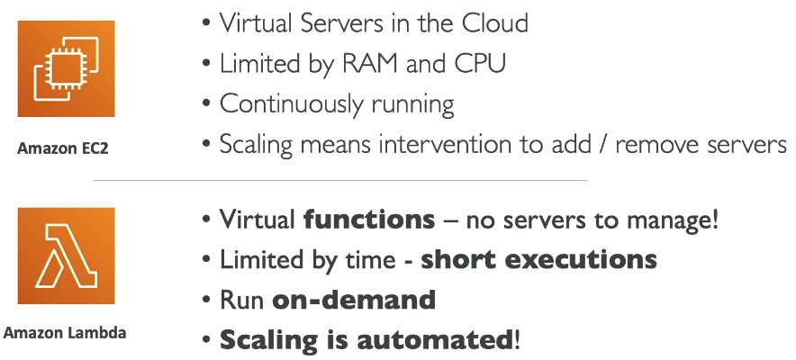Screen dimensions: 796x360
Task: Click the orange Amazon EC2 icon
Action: (x=66, y=68)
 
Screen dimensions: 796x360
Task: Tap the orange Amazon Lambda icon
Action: (x=66, y=256)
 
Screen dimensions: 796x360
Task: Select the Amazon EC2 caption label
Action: (x=63, y=148)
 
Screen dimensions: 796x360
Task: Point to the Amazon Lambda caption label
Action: (x=65, y=333)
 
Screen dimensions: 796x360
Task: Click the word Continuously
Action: (x=292, y=105)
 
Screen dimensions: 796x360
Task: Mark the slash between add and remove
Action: (x=603, y=146)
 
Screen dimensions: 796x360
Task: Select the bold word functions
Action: (x=369, y=220)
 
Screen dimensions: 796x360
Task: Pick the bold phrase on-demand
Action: (x=354, y=301)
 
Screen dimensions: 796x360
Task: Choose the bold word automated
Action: (x=436, y=340)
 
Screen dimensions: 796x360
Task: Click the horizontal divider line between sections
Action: (x=340, y=180)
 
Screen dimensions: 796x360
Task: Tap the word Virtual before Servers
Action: (x=257, y=23)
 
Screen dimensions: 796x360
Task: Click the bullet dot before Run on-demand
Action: (x=206, y=301)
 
